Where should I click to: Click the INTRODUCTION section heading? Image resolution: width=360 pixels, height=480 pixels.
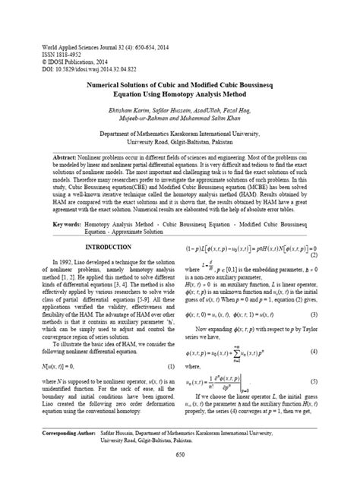[x=109, y=248]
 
